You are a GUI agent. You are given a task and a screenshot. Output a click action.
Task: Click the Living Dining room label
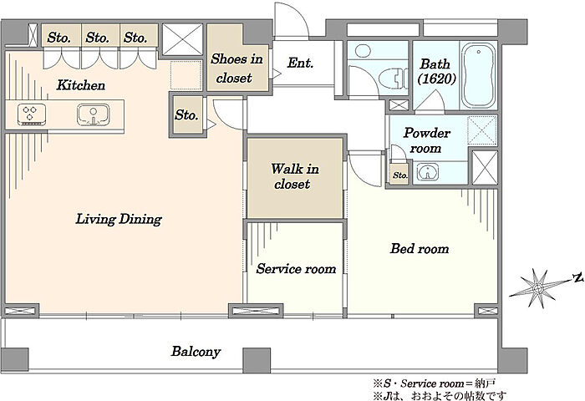coord(119,219)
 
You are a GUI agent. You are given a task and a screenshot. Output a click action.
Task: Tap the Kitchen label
coord(80,85)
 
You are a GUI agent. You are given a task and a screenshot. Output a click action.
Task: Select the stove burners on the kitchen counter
coord(32,114)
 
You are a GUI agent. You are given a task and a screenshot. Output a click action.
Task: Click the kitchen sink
coord(94,114)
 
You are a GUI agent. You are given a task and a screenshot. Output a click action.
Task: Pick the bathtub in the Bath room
coord(479,75)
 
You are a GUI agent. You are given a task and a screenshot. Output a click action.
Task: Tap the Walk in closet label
coord(295,176)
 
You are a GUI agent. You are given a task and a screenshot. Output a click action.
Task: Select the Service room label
coord(296,268)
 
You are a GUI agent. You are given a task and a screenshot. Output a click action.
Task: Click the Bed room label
coord(420,248)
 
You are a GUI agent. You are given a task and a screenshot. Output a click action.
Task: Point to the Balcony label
coord(196,352)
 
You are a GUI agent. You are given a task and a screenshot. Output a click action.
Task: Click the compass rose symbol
coord(537,288)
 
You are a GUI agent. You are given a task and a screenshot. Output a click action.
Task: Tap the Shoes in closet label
coord(237,69)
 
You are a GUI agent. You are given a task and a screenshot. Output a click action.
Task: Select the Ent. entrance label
coord(300,63)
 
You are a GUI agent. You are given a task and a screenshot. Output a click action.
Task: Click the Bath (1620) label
coord(436,71)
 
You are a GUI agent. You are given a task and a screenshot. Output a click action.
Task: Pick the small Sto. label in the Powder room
coord(400,175)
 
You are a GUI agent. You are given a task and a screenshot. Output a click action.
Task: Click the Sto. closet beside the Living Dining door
coord(186,115)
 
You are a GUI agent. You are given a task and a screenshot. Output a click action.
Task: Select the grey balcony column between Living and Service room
coord(257,360)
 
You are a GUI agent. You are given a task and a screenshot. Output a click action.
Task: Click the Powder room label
coord(427,140)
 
